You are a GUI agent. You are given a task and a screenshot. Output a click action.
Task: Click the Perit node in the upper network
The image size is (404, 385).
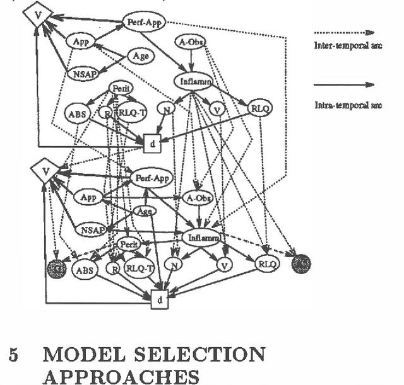[119, 89]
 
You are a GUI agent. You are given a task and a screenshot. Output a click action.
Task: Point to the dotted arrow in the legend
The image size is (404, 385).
[343, 32]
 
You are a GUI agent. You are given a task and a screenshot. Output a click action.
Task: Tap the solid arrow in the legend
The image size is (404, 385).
[343, 85]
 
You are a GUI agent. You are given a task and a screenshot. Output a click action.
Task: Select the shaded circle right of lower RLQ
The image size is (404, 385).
[301, 262]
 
